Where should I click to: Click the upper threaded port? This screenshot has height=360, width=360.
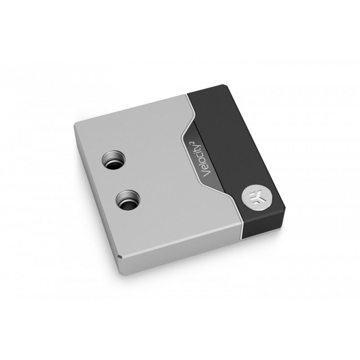tap(112, 161)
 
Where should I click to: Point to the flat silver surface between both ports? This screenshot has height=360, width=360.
tap(119, 180)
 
